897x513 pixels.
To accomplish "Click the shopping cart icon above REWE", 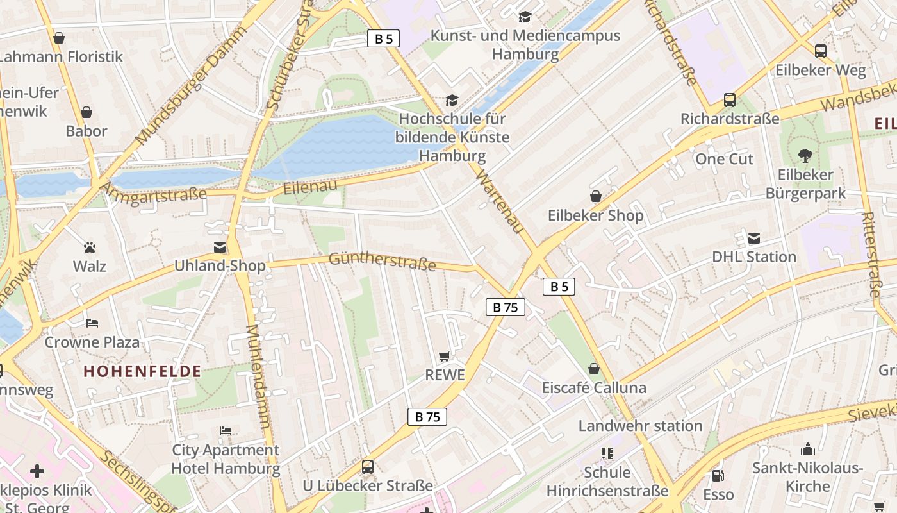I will coord(445,356).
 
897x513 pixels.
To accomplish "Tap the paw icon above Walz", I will coord(90,247).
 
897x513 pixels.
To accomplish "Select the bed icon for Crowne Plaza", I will coord(92,323).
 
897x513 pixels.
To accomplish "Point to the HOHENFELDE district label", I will coord(142,371).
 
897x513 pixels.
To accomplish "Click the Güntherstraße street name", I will coord(383,261).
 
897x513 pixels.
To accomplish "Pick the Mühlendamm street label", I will coord(258,376).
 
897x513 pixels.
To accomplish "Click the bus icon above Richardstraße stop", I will coord(730,99).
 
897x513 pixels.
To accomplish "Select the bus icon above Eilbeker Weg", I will coord(820,51).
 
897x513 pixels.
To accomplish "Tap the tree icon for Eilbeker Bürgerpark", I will coord(805,155).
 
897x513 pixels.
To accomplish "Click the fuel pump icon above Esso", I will coord(718,476).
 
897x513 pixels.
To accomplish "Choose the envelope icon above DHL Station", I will coord(754,239).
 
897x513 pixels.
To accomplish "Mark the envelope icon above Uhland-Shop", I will coord(220,248).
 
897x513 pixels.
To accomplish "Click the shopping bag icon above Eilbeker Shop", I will coord(596,196).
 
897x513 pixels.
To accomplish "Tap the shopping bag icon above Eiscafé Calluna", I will coord(594,369).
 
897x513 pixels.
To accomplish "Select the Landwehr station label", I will coord(640,426).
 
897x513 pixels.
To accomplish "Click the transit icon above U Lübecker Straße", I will coord(368,467).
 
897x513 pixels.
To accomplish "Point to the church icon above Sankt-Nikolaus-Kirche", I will coord(808,449).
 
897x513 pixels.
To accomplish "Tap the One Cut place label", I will coord(724,159).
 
